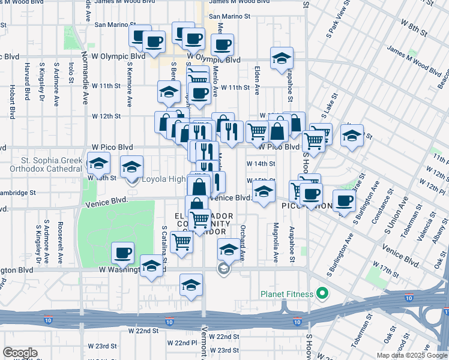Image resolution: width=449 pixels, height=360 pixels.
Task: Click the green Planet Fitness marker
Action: click(x=322, y=294)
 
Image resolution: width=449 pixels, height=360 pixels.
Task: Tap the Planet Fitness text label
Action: click(x=287, y=294)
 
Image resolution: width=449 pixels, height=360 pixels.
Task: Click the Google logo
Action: click(x=20, y=353)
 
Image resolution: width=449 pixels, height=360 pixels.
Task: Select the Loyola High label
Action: click(x=163, y=179)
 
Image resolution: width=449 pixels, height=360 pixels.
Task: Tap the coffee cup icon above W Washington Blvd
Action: click(x=122, y=252)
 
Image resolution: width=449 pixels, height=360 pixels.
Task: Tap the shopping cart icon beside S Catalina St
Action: click(x=181, y=241)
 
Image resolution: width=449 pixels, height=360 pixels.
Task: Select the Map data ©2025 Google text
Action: click(x=412, y=355)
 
